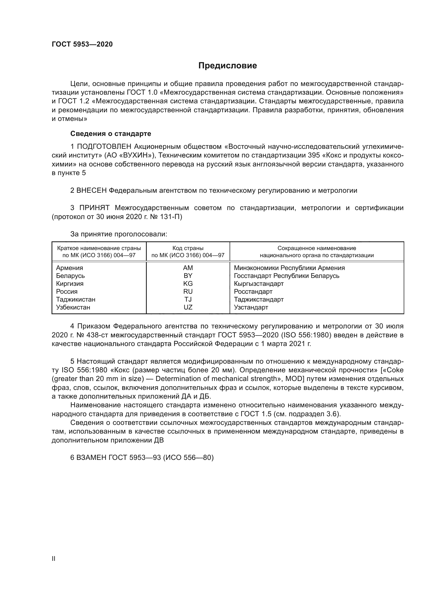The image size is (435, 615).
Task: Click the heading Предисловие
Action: (227, 66)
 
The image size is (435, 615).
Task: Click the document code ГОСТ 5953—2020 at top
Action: (82, 44)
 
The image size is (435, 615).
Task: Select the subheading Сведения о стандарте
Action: (111, 133)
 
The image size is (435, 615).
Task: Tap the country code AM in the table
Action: (188, 268)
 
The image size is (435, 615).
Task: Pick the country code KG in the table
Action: (188, 283)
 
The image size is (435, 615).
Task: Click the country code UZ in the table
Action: (188, 307)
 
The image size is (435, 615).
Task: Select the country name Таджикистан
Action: (75, 299)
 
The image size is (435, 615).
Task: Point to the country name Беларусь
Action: (70, 276)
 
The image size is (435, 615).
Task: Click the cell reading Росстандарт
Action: (253, 291)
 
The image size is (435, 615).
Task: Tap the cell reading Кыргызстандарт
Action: (259, 283)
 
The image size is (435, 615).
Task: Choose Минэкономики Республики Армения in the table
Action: (289, 268)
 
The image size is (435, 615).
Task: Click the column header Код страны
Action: (188, 248)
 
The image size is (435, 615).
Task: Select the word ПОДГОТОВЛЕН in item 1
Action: (104, 146)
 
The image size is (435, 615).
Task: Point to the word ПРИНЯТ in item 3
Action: (94, 208)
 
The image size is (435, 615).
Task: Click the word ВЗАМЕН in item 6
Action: (92, 458)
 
